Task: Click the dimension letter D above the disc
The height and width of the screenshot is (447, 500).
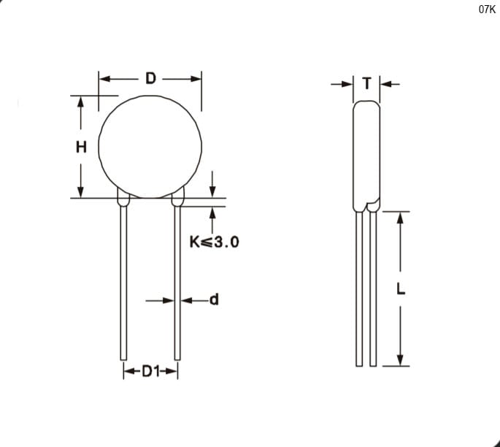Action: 150,78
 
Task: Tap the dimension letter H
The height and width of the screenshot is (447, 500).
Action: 81,147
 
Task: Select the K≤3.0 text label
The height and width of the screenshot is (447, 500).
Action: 214,242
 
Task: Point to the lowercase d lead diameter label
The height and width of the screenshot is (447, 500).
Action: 215,299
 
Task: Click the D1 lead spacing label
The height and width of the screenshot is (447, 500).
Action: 150,371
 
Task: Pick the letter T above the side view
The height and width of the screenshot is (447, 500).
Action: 367,83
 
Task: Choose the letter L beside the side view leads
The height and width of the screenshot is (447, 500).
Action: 401,289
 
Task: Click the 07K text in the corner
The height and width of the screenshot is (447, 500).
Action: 487,9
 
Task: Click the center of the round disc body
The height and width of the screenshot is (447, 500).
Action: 150,147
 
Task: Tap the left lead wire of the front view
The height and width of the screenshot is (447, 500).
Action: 124,283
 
